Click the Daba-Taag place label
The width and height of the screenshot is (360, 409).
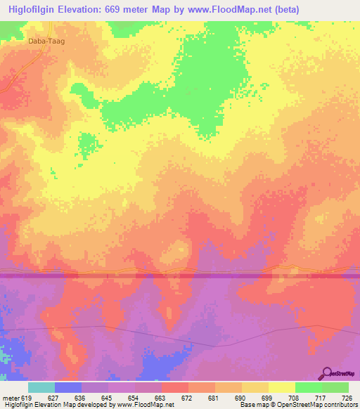click(x=45, y=41)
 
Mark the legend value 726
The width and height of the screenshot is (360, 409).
click(x=346, y=397)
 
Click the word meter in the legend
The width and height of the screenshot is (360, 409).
click(x=11, y=397)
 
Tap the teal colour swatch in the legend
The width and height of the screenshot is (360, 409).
click(x=41, y=387)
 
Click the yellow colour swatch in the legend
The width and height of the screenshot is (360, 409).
click(x=281, y=387)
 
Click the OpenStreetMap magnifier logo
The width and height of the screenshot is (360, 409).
click(x=326, y=373)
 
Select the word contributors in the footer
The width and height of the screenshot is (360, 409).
click(x=340, y=405)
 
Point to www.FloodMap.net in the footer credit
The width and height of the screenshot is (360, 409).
click(x=148, y=405)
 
